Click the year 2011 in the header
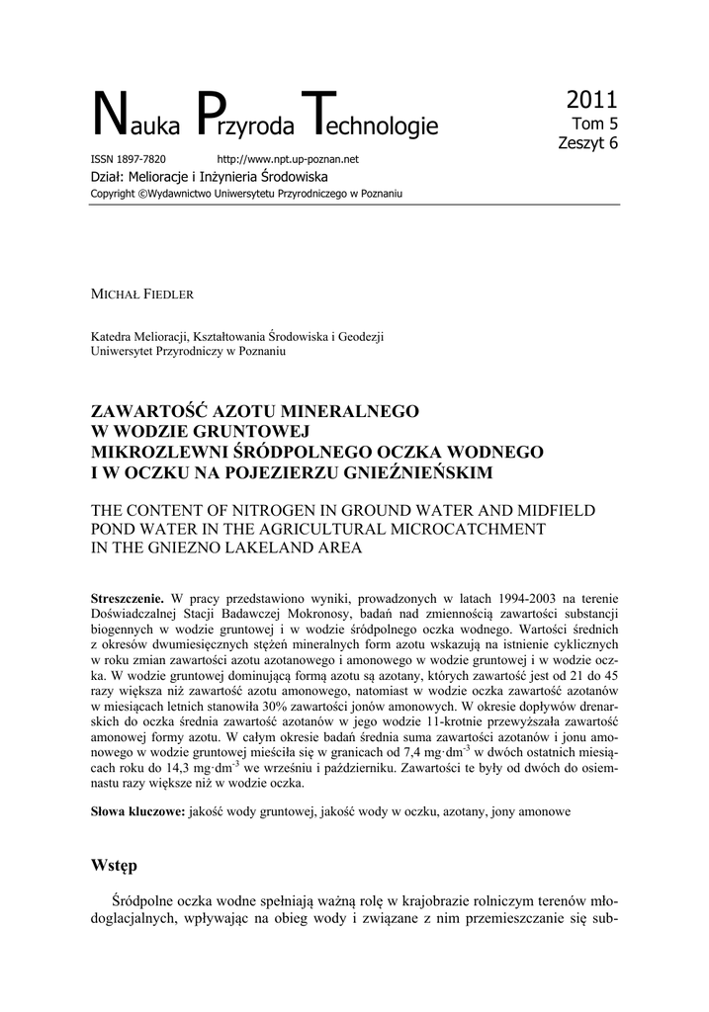591,100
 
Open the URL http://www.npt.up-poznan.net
287,159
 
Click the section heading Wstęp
115,866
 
